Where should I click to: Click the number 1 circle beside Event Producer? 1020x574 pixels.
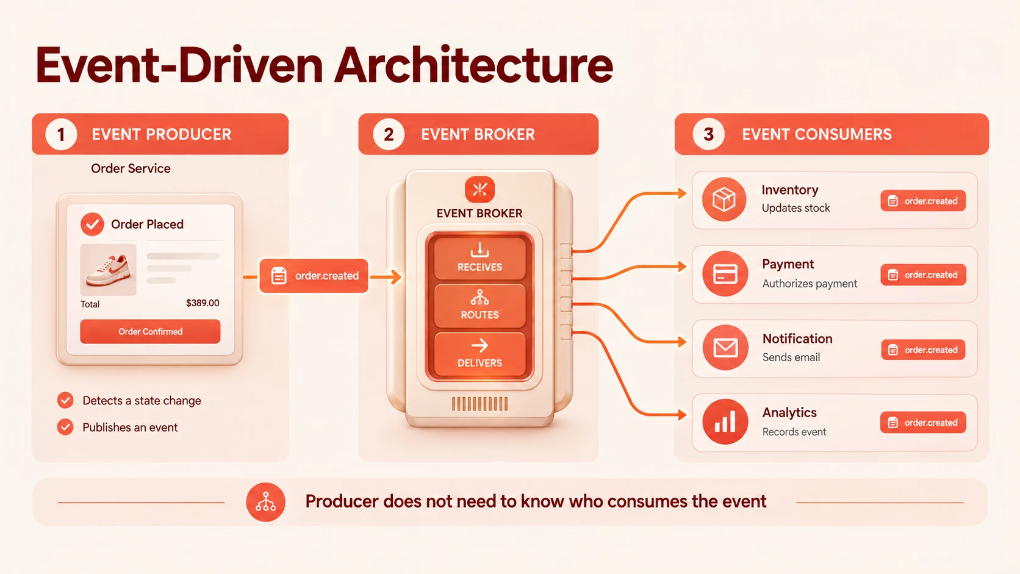[61, 134]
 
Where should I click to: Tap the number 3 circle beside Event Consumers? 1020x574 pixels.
[708, 134]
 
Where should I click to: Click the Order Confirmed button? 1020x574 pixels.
[150, 331]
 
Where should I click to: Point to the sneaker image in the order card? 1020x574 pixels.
[109, 270]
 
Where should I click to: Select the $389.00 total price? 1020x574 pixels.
[203, 303]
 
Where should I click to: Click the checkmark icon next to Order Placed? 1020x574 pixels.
[92, 224]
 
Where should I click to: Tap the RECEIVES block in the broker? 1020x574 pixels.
[479, 257]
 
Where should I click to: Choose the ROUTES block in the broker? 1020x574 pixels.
[479, 306]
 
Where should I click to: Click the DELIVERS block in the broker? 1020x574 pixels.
[479, 354]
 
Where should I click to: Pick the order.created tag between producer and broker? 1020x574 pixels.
[314, 276]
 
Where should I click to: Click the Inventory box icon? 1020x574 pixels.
[724, 199]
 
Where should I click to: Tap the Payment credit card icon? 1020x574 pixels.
[725, 273]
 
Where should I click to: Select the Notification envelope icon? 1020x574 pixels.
[725, 348]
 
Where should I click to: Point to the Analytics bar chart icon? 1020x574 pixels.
[725, 422]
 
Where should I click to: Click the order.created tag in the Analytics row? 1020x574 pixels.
[923, 423]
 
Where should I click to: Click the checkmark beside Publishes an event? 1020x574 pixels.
[65, 427]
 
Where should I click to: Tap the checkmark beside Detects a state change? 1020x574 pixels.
[65, 400]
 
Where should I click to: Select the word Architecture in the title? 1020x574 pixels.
[473, 65]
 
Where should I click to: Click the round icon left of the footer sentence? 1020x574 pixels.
[265, 502]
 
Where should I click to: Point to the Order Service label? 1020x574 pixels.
[131, 168]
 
